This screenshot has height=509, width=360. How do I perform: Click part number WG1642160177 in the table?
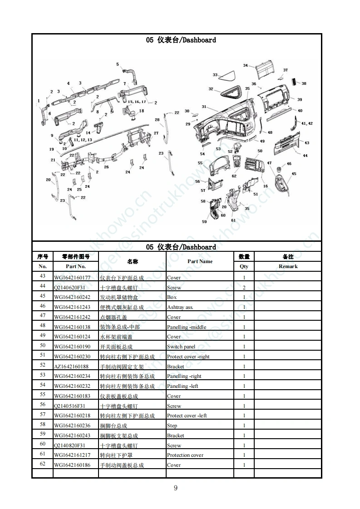tap(72, 278)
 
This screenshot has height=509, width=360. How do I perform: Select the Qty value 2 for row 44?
tap(244, 288)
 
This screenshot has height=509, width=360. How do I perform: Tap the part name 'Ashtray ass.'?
tap(180, 307)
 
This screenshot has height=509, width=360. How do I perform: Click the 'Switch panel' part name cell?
tap(181, 347)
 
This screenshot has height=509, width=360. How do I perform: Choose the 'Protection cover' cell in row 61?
tap(185, 455)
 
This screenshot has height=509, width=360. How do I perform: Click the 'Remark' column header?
tap(288, 266)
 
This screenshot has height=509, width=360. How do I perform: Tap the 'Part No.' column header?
tap(76, 266)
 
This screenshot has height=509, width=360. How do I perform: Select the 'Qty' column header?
tap(244, 266)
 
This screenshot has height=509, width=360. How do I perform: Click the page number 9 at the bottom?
tap(176, 488)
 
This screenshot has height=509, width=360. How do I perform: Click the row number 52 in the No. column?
tap(43, 365)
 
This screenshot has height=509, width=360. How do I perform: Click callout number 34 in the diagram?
tap(246, 65)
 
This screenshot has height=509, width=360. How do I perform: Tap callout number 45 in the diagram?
tap(294, 174)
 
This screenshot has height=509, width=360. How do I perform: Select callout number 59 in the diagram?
tap(204, 222)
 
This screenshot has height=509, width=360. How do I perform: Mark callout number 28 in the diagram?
tap(157, 120)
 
